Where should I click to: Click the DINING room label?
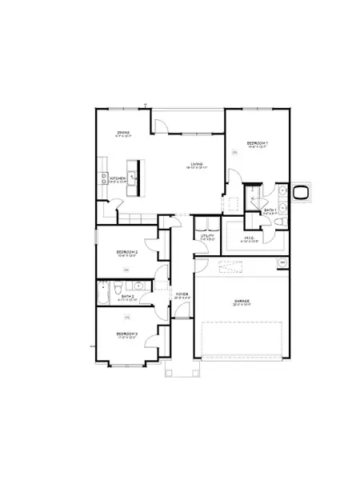click(122, 133)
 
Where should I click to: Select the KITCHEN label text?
click(118, 178)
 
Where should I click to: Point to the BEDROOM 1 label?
click(258, 143)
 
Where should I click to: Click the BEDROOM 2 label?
click(127, 254)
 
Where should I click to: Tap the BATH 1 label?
click(270, 210)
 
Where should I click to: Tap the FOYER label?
click(182, 294)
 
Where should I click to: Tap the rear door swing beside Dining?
click(161, 124)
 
